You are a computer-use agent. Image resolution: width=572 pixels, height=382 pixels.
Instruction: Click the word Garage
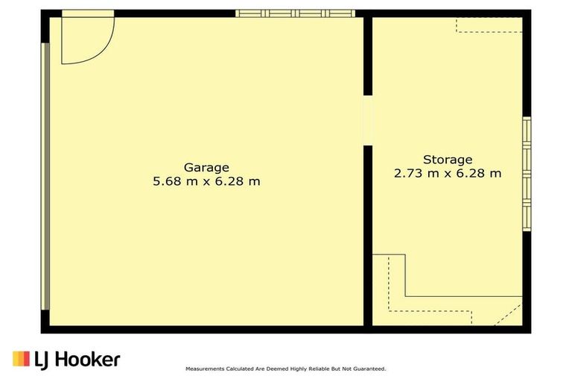point(206,168)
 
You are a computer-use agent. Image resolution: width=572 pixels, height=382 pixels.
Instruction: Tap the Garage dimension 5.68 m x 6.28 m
point(206,181)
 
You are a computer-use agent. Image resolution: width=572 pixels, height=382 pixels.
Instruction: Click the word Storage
point(448,160)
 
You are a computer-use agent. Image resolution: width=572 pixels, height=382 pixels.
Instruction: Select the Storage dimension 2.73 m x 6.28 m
point(448,173)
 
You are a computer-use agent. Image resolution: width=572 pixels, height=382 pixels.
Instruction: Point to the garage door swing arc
point(105,52)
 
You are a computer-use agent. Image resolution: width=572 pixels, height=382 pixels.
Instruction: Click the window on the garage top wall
point(295,13)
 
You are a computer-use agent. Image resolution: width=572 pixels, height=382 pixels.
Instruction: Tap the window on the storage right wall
point(527,174)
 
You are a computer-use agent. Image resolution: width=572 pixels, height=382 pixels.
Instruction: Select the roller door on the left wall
point(45,176)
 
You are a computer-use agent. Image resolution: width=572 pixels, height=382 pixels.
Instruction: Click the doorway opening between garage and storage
point(368,121)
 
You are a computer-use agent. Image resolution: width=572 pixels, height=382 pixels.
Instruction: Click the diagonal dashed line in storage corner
point(509,314)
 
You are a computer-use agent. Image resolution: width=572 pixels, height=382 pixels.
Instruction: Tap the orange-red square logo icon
point(21,359)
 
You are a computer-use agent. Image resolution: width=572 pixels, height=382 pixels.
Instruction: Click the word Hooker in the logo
point(87,360)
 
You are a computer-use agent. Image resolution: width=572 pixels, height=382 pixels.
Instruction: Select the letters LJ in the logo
point(42,360)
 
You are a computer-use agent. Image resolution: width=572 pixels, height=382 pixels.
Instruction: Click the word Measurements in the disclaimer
point(205,369)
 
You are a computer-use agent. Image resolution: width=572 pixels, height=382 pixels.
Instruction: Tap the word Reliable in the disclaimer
point(320,369)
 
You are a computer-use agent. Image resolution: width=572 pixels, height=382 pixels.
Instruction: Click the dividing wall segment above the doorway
point(368,56)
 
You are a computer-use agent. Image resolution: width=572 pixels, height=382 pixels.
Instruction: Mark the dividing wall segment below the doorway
point(368,236)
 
